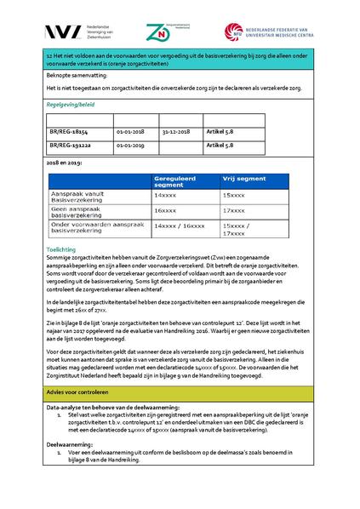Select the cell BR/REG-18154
click(68, 133)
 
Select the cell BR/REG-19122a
click(70, 146)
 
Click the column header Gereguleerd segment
click(180, 182)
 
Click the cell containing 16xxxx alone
click(165, 209)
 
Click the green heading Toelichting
click(60, 249)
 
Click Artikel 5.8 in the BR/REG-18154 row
click(220, 133)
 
